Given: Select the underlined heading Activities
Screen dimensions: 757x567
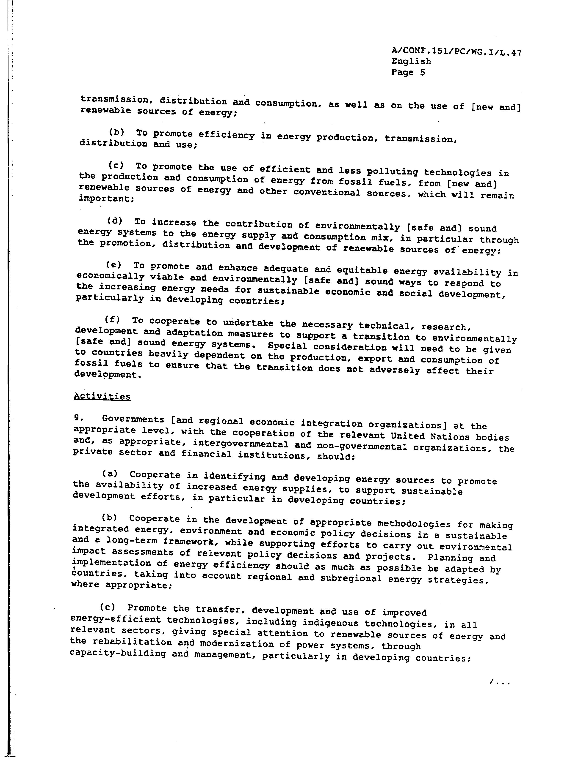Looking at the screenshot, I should (102, 396).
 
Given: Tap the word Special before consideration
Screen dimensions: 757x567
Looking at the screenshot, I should (287, 346).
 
